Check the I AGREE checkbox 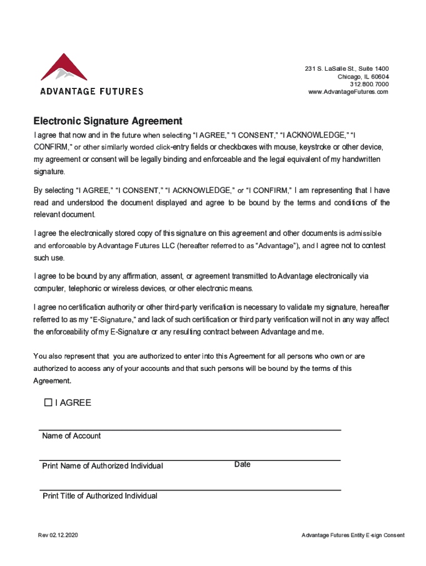48,402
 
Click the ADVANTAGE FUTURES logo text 91,91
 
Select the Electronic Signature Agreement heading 108,121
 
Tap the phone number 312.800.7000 370,84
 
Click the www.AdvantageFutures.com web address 348,92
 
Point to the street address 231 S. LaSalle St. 346,69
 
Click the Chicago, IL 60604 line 363,76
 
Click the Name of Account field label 71,436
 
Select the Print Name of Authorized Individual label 102,466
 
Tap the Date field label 242,464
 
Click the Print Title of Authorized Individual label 100,496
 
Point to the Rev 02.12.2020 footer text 58,535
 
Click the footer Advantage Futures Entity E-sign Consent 353,535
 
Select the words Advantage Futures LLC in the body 136,246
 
